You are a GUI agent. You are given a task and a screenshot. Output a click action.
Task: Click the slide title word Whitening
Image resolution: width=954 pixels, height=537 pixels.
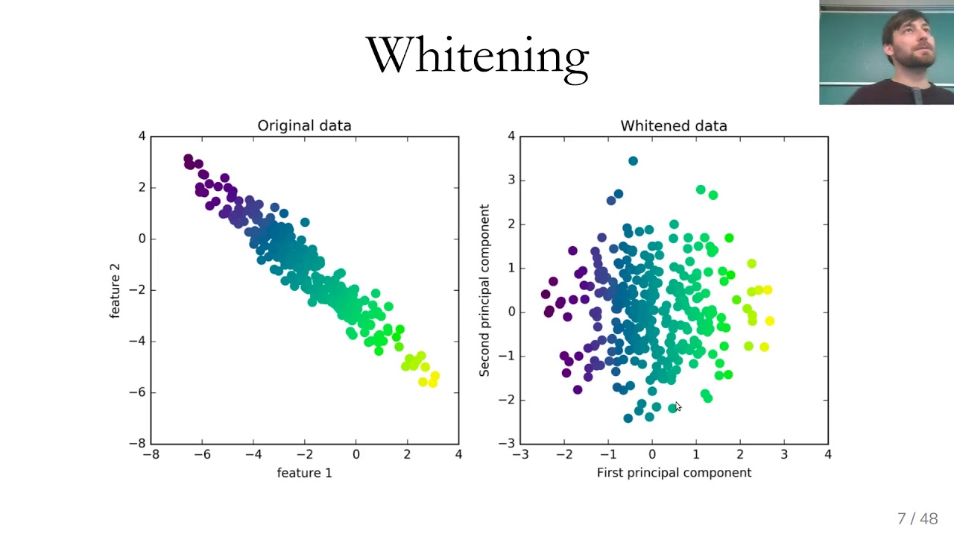point(477,56)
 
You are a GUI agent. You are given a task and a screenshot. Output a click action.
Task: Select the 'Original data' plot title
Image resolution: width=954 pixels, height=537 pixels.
point(304,125)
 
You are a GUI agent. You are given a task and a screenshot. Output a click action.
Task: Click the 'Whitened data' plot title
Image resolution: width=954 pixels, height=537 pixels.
point(673,125)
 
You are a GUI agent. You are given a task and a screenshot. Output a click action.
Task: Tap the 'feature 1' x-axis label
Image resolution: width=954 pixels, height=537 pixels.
point(304,472)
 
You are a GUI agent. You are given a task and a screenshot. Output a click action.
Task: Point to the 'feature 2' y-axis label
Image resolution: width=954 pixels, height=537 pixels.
point(115,290)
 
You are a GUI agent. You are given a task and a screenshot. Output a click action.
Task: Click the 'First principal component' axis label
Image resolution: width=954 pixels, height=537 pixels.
point(674,472)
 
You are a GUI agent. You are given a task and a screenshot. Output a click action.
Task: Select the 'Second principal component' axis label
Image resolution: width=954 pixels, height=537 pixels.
point(484,290)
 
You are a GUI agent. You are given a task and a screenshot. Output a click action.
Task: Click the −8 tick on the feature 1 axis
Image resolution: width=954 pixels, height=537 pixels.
point(151,454)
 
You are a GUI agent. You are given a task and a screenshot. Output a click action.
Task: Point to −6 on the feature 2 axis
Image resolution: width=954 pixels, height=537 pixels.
point(137,392)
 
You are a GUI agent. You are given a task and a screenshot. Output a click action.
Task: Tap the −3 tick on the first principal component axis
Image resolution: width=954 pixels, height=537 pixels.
point(520,454)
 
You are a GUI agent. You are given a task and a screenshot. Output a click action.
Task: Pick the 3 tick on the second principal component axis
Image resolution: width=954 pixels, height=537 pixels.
point(511,180)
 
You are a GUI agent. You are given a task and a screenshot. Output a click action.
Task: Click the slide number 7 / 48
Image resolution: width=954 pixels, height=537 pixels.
point(917,518)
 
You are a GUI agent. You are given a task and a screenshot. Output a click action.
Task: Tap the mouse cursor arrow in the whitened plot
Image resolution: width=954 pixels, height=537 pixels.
point(677,406)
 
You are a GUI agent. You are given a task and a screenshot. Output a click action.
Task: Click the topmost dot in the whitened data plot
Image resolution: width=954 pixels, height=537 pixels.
point(633,160)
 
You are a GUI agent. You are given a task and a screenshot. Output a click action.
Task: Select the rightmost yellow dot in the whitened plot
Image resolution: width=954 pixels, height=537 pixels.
point(769,321)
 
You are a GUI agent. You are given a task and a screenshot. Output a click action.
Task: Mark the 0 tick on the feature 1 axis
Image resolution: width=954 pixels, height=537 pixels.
point(356,454)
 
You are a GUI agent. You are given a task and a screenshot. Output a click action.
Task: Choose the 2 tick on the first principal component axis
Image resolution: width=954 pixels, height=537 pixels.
point(740,454)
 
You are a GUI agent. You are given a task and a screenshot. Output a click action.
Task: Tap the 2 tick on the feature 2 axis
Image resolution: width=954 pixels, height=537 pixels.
point(141,187)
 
